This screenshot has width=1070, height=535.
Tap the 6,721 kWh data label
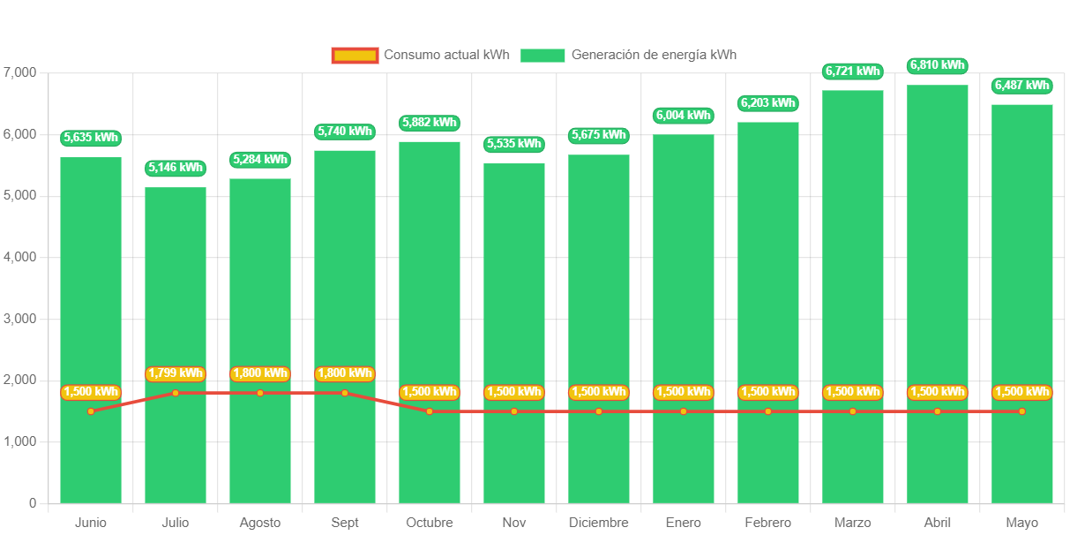click(x=853, y=71)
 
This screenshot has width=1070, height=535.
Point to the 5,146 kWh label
click(x=176, y=168)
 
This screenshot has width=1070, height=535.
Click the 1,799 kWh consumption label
click(x=176, y=373)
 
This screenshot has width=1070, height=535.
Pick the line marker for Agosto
click(x=260, y=393)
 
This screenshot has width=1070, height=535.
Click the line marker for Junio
click(x=91, y=411)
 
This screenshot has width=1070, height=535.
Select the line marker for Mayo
click(x=1022, y=411)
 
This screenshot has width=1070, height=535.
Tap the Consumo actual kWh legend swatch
click(x=355, y=56)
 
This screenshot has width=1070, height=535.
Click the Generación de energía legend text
click(x=654, y=55)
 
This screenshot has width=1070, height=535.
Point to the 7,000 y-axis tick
click(x=20, y=72)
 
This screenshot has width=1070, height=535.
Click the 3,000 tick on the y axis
click(x=20, y=318)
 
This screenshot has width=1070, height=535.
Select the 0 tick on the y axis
click(x=33, y=503)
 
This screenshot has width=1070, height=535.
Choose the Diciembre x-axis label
click(x=599, y=523)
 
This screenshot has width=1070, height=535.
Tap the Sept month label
click(x=345, y=523)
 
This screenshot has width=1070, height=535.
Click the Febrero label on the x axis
click(x=768, y=523)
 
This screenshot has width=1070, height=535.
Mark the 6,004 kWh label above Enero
click(x=684, y=115)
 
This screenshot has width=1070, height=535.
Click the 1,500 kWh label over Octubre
click(x=430, y=392)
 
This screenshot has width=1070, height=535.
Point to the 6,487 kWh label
click(x=1022, y=86)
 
